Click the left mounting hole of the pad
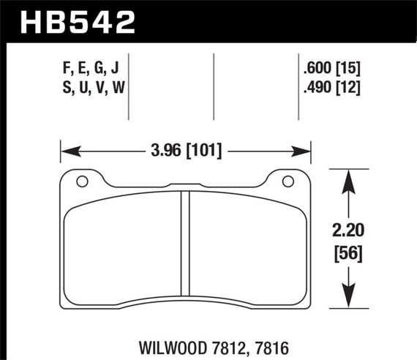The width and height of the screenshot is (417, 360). click(x=82, y=181)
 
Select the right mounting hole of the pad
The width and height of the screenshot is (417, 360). click(x=288, y=181)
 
